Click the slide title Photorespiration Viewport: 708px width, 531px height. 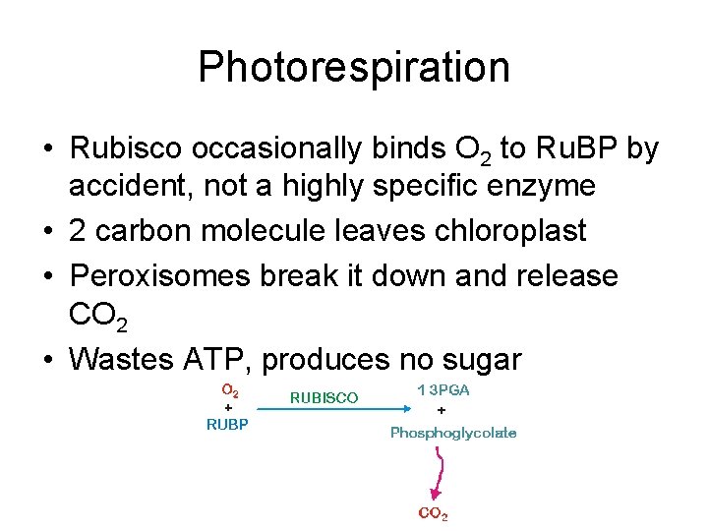(354, 68)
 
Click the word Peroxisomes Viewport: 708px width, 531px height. (159, 276)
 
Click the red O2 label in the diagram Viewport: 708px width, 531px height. (227, 390)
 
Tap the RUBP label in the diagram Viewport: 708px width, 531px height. (227, 424)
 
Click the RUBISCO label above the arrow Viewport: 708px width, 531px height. (324, 398)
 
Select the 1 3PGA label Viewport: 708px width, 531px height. (443, 390)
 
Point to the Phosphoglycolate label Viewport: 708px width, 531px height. (453, 433)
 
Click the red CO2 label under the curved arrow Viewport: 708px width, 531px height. (433, 513)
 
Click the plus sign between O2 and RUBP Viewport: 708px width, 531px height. (228, 407)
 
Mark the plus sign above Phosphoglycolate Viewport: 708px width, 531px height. (441, 410)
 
